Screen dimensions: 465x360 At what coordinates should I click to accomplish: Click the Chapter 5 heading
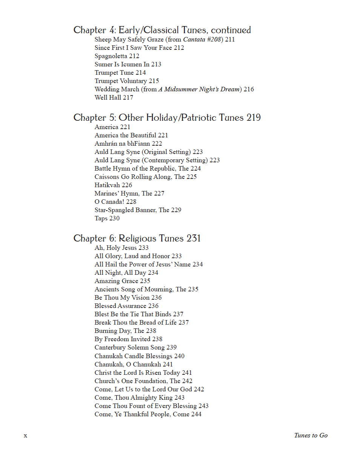click(167, 118)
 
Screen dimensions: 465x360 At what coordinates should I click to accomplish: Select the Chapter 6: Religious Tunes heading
click(137, 239)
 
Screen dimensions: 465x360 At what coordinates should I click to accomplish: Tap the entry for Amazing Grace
click(122, 281)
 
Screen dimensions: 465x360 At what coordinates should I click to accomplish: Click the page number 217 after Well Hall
click(128, 97)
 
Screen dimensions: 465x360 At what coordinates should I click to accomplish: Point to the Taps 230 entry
click(107, 218)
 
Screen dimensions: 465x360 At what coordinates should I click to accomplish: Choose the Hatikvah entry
click(113, 185)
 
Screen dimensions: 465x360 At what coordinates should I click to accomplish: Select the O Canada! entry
click(115, 202)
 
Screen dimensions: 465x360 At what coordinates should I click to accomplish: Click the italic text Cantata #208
click(203, 39)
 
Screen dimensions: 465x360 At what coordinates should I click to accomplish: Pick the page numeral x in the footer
click(25, 436)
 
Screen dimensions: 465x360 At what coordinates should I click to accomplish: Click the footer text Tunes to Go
click(311, 435)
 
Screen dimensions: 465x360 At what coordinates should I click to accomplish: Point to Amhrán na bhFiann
click(128, 143)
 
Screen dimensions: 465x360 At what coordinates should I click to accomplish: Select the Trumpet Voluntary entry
click(127, 81)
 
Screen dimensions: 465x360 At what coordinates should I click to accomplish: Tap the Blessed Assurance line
click(126, 306)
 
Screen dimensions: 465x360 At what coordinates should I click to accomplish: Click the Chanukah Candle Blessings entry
click(139, 356)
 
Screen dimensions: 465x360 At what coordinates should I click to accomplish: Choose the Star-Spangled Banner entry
click(138, 210)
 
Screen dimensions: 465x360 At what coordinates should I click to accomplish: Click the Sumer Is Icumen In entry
click(128, 64)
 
